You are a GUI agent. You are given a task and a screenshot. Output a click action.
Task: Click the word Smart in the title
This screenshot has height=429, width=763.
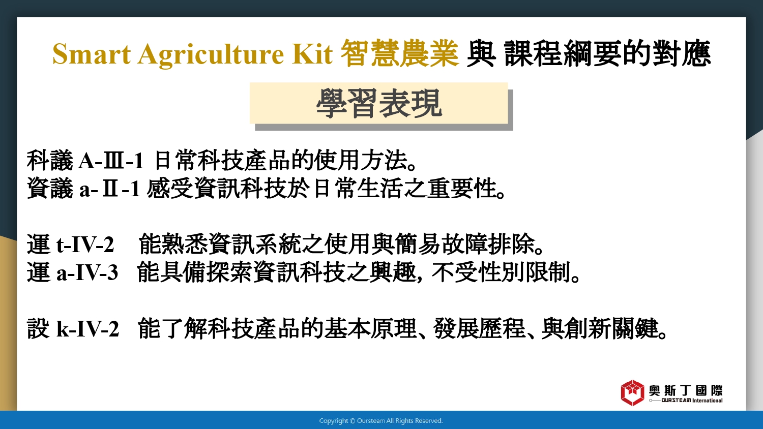pos(92,54)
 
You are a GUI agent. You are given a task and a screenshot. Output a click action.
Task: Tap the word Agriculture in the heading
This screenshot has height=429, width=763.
pos(211,54)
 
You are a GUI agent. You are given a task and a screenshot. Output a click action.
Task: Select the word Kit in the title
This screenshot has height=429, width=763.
pos(312,54)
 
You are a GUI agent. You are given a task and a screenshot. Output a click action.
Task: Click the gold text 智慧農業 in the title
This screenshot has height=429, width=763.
pos(400,53)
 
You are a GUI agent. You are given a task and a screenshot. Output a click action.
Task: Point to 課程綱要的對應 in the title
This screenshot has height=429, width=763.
pos(607,53)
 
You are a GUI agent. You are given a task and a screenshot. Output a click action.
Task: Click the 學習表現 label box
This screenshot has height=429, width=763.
pos(379,103)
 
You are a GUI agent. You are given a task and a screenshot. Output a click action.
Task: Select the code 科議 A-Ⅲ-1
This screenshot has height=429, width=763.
pos(85,160)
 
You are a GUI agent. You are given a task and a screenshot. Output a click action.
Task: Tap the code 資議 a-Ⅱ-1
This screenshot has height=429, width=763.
pos(84,188)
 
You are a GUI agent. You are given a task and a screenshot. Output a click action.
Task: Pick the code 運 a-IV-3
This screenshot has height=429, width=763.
pos(73,272)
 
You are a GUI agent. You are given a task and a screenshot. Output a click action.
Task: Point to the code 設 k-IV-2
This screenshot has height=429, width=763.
pos(73,328)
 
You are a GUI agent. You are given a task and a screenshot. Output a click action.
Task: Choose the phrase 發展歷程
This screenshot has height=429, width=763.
pos(479,328)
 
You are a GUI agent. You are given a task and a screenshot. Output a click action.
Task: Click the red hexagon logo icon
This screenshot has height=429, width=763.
pos(632,393)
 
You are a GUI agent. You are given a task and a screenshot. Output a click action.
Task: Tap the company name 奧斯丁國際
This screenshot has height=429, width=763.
pos(685,390)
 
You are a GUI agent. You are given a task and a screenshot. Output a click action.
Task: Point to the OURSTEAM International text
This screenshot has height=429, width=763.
pos(692,401)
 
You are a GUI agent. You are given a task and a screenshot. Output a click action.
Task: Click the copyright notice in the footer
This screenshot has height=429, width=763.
pos(381,421)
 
